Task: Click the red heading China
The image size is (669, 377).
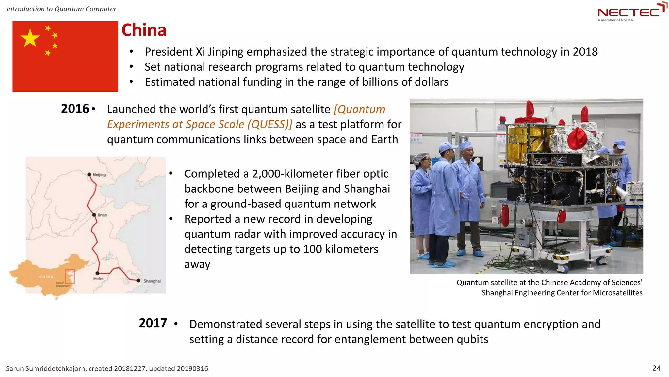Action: (x=144, y=30)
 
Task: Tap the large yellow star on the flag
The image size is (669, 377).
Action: (x=30, y=38)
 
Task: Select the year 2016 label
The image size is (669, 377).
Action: (x=75, y=109)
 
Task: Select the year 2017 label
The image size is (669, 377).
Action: (x=153, y=323)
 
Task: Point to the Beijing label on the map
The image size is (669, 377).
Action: (x=99, y=175)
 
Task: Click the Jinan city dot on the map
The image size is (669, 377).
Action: (x=94, y=215)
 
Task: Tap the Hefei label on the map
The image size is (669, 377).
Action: (x=98, y=278)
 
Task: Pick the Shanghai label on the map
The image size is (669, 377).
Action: (x=152, y=281)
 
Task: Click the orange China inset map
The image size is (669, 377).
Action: (x=46, y=277)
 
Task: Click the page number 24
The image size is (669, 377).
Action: (x=656, y=368)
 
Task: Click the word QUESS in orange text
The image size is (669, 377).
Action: (x=269, y=124)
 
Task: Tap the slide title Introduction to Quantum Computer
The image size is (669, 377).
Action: (x=61, y=9)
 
